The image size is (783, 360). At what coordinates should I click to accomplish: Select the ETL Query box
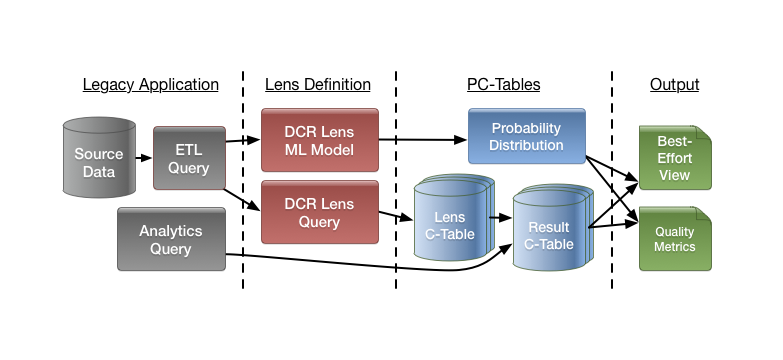pos(189,158)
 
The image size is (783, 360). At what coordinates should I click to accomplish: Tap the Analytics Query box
pos(171,239)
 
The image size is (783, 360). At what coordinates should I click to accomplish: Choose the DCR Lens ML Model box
pos(319,139)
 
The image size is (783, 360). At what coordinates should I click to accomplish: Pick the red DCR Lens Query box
pos(319,212)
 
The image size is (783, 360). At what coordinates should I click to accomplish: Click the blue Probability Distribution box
pos(526,137)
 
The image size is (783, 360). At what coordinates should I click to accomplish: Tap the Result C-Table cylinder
pos(547,234)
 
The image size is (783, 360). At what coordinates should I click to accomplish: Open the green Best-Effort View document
pos(675,158)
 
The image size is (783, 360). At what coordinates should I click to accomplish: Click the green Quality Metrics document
pos(675,239)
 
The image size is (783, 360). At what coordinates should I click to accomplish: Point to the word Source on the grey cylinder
pos(99,154)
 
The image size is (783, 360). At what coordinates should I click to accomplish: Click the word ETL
pos(189,149)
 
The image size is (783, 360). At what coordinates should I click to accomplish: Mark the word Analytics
pos(171,230)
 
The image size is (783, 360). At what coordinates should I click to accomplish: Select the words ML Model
pos(319,149)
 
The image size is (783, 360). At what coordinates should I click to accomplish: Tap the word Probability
pos(526,128)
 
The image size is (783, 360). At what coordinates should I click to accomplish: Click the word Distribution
pos(526,146)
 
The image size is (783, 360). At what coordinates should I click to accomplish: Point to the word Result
pos(548,227)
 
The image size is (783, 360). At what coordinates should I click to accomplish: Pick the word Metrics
pos(675,247)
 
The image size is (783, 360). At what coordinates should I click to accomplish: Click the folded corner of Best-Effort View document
pos(704,134)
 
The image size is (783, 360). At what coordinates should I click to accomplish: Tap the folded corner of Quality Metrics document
pos(704,215)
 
